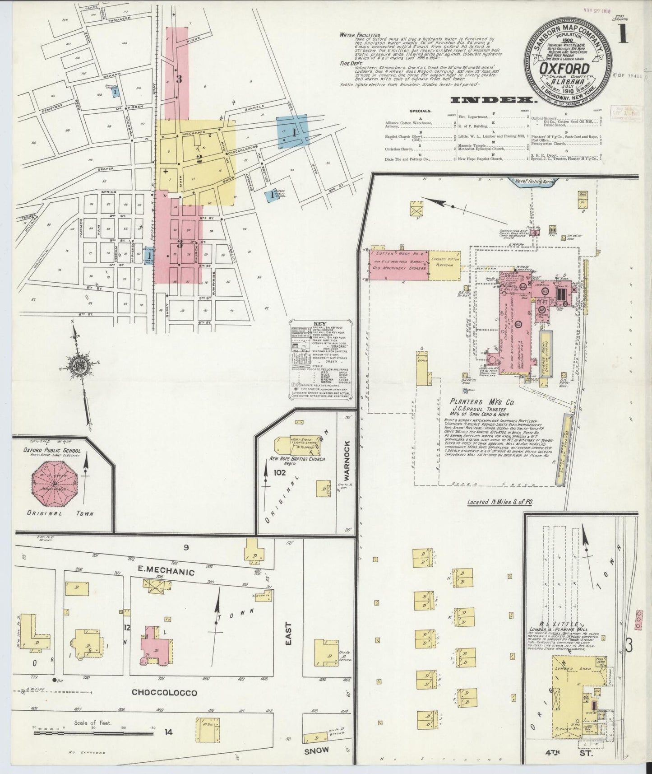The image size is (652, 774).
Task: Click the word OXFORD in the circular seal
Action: [x=567, y=69]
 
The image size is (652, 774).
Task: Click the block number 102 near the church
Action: [x=279, y=472]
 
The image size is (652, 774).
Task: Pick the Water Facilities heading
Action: [x=360, y=35]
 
